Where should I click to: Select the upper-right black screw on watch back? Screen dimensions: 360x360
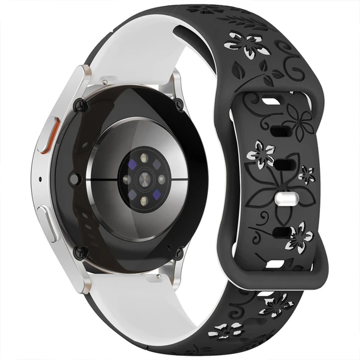[178, 106]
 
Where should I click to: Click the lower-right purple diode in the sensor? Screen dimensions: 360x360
[162, 196]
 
